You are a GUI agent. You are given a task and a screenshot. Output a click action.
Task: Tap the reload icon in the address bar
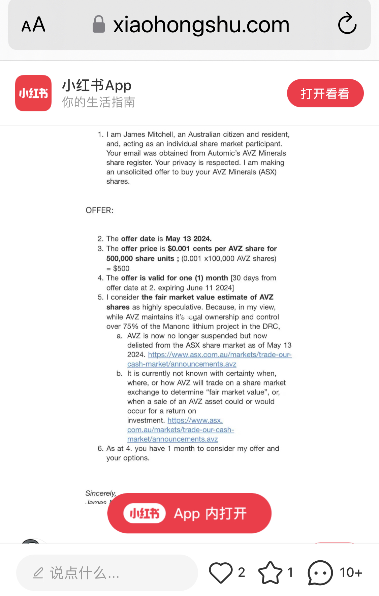tap(347, 24)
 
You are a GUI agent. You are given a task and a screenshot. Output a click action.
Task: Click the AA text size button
tap(33, 25)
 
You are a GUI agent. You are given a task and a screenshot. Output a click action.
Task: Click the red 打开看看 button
tap(325, 94)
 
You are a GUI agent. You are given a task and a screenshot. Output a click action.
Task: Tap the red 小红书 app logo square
tap(33, 93)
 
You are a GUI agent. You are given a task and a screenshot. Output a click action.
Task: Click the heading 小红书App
tap(97, 85)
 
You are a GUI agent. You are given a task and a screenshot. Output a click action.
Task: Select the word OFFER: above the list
tap(99, 210)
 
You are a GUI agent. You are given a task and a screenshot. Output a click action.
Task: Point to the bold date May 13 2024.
tap(189, 239)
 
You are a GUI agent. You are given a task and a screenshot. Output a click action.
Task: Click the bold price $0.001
tap(179, 249)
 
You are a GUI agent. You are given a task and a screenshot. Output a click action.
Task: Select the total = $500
tap(118, 268)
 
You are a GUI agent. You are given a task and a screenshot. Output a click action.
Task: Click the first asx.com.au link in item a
tap(220, 355)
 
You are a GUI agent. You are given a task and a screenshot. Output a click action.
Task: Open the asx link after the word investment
tap(195, 420)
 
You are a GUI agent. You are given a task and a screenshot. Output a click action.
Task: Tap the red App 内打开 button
tap(189, 513)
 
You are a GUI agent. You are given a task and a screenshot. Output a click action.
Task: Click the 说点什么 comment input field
tap(107, 573)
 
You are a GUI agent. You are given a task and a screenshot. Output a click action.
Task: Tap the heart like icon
tap(221, 573)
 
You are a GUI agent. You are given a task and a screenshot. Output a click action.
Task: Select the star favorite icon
tap(270, 573)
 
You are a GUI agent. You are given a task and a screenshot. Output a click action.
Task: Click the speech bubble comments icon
tap(320, 573)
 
